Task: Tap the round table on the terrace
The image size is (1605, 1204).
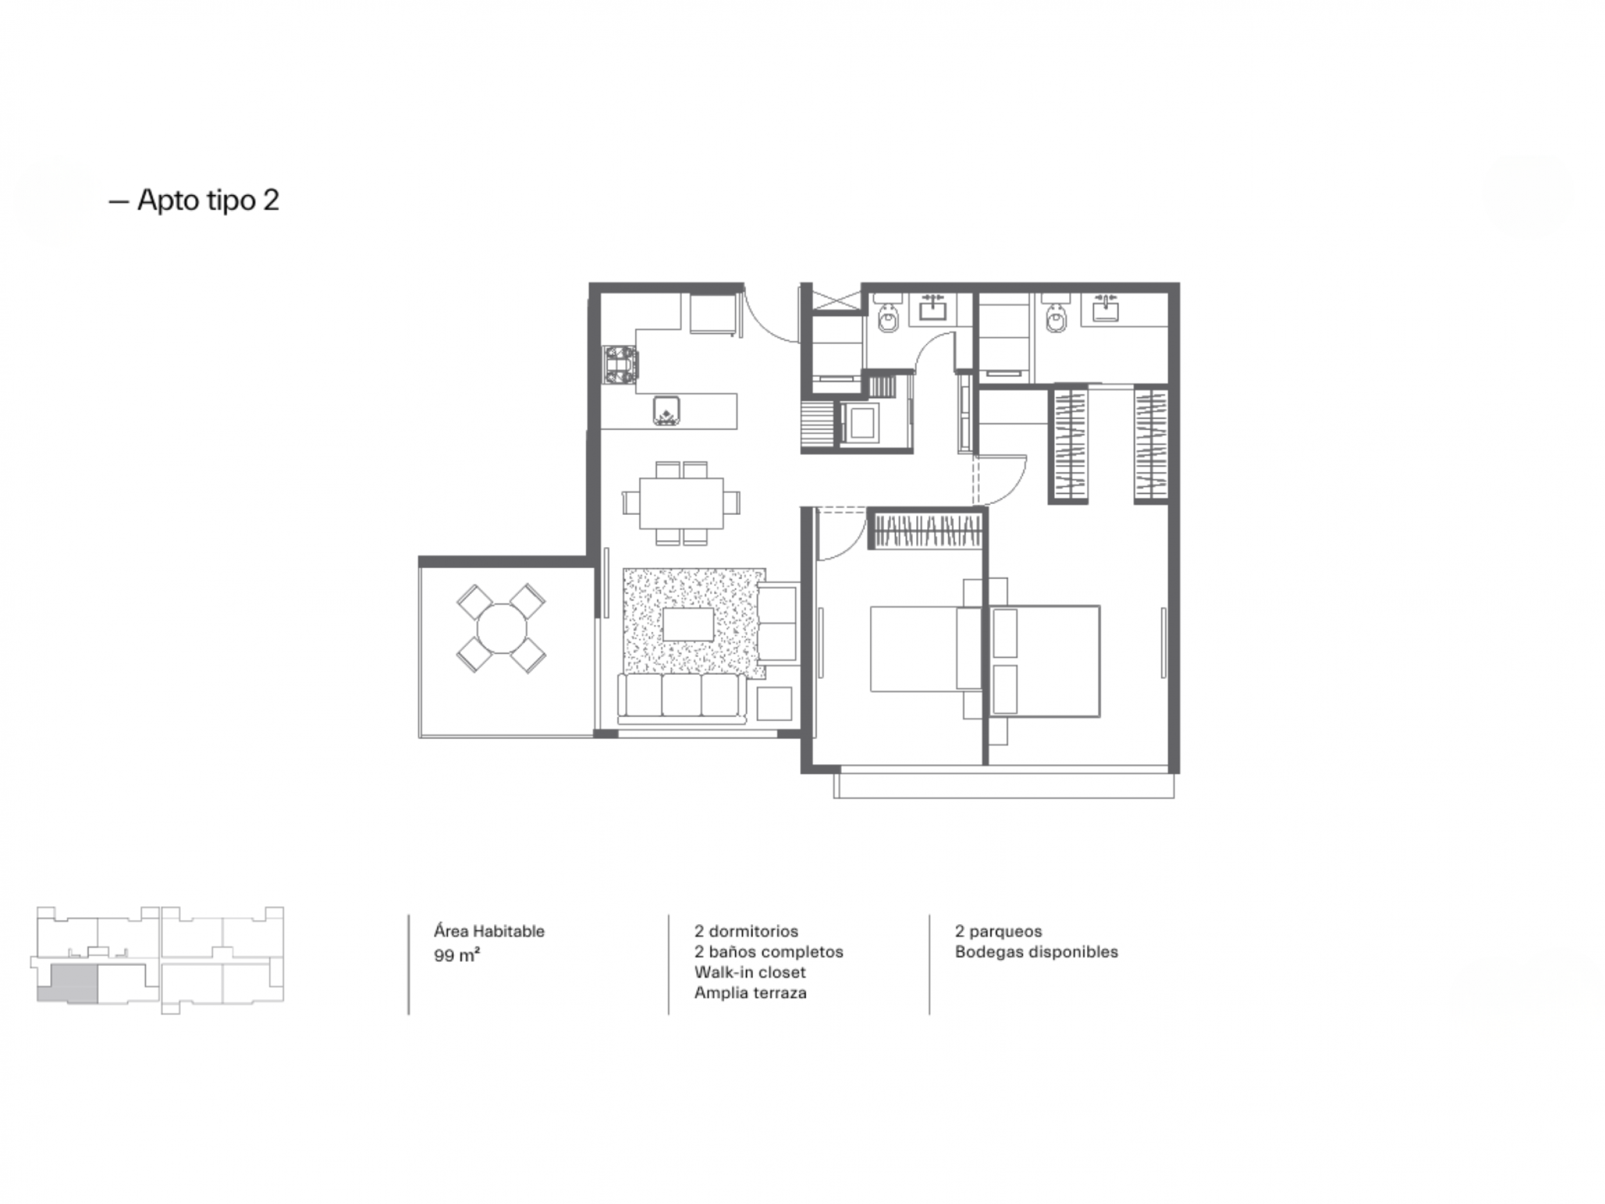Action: pos(501,629)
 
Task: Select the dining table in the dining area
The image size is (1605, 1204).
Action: pos(681,503)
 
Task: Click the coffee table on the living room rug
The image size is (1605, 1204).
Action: pos(688,624)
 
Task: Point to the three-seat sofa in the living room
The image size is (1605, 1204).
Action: pos(682,698)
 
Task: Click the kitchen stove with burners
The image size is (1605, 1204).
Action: pos(621,364)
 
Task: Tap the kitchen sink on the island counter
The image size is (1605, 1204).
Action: pos(666,411)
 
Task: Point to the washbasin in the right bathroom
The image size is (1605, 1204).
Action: pos(1105,308)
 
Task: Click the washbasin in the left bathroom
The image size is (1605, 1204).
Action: pos(932,308)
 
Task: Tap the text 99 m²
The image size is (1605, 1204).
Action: pos(457,955)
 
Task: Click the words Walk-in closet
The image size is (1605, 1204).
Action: pos(749,972)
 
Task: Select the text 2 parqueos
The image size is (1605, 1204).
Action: pos(998,932)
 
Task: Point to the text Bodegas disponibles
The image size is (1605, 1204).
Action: pos(1036,952)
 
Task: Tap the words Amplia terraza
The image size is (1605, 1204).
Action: pos(750,992)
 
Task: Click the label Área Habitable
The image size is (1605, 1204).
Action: pos(489,931)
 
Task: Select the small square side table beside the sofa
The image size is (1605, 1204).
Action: pos(774,703)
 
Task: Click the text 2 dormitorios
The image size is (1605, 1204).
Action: pos(746,931)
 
